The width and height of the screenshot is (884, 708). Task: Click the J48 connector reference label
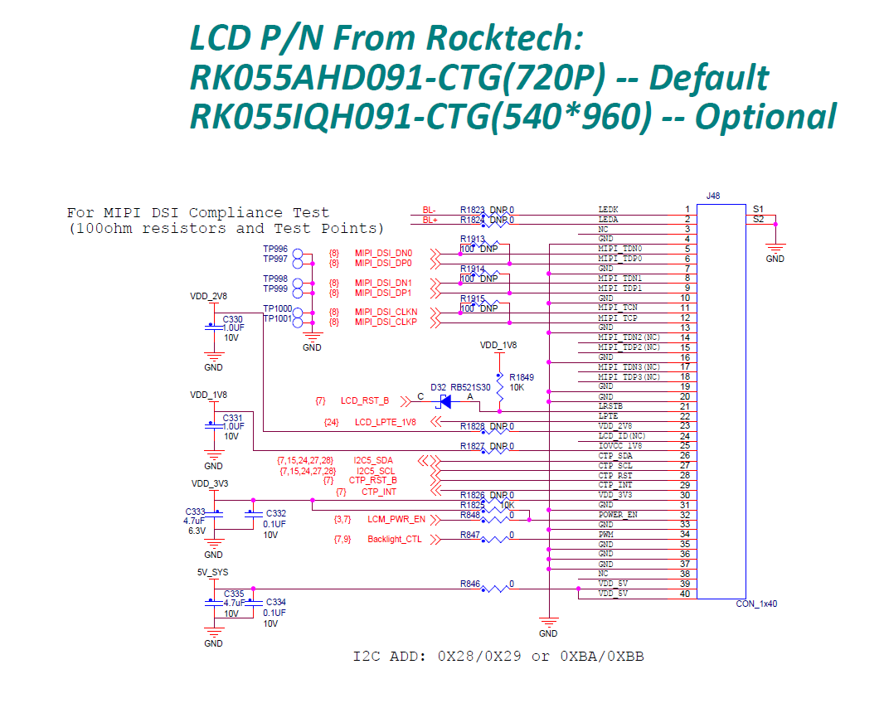[712, 196]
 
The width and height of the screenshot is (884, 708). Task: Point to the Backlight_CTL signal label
[394, 540]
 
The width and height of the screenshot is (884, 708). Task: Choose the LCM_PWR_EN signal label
[396, 520]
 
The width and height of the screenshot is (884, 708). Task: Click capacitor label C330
[232, 319]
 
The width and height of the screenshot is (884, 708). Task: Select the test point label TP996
[275, 249]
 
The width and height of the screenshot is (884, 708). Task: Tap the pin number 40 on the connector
[686, 593]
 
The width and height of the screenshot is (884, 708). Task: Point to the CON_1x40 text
[757, 604]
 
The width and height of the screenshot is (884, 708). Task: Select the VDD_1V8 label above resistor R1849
[498, 344]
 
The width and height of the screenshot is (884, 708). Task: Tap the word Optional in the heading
[765, 117]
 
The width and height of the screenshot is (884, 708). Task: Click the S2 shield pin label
[758, 219]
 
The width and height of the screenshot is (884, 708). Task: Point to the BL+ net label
[430, 220]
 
